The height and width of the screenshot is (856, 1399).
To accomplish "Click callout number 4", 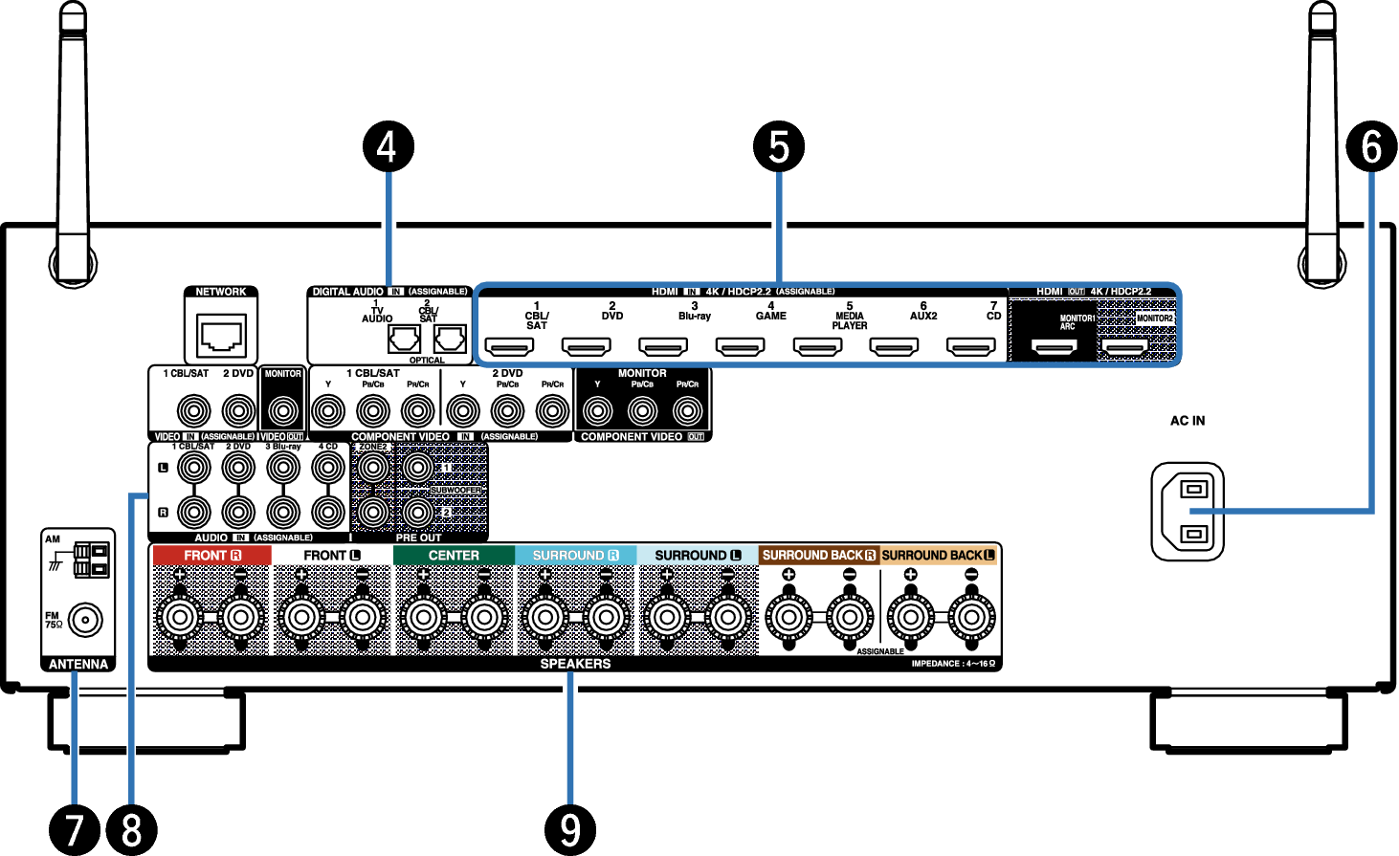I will pos(387,147).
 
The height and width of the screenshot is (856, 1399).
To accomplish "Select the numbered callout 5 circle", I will pos(778,147).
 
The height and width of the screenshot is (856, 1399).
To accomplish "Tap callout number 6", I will pos(1370,147).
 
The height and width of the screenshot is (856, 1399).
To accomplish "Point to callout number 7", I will pos(75,828).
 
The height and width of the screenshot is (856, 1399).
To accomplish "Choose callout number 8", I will pos(132,828).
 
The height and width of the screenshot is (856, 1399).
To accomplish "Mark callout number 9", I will pos(570,828).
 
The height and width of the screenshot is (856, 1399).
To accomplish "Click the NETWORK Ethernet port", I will pos(221,336).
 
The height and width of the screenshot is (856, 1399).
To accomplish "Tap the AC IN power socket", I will pos(1188,512).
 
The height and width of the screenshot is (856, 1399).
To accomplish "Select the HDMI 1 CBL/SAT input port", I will pos(510,346).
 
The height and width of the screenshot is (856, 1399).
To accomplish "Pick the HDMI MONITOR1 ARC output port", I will pos(1054,346).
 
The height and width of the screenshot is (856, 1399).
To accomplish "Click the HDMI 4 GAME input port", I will pos(741,346).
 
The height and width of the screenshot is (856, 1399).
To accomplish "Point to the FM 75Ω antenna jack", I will pos(85,621).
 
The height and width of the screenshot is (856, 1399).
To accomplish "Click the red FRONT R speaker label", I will pos(211,555).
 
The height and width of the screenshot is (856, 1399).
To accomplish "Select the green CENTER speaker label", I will pos(454,555).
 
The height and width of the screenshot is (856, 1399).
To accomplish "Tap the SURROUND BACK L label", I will pos(938,555).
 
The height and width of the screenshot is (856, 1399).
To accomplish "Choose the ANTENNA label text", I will pos(78,664).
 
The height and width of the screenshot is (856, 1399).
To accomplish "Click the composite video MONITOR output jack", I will pos(282,411).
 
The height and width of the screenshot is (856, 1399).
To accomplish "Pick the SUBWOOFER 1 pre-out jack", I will pos(417,468).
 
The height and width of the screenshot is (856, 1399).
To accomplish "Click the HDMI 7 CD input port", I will pos(970,346).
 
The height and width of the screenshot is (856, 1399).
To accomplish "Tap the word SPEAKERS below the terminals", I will pos(575,664).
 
